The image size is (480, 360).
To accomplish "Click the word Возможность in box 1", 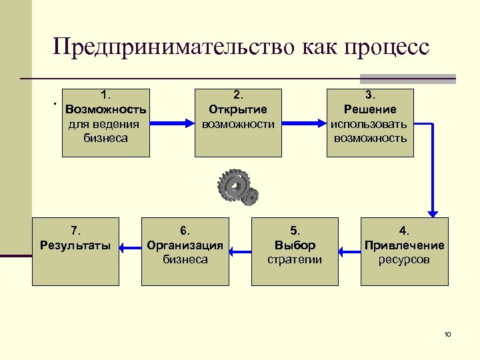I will click(105, 109).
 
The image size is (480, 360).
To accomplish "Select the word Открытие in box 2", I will click(238, 109).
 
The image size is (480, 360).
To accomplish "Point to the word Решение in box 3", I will click(370, 109).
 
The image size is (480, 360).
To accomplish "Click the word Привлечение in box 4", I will click(404, 245).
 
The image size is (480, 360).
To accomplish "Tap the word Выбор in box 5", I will click(295, 245).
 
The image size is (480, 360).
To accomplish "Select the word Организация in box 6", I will click(185, 245).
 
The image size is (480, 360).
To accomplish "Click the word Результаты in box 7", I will click(75, 245).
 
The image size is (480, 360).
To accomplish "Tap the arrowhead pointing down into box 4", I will click(433, 211).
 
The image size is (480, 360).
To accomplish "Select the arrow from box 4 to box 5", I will click(349, 251).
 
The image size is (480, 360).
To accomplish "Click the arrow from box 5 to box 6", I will click(240, 251).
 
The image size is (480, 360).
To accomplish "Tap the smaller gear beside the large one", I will click(251, 196).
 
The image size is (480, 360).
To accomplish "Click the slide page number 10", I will click(447, 334).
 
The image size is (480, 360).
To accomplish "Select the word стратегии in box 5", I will click(295, 259).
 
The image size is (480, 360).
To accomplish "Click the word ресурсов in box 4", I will click(404, 259).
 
